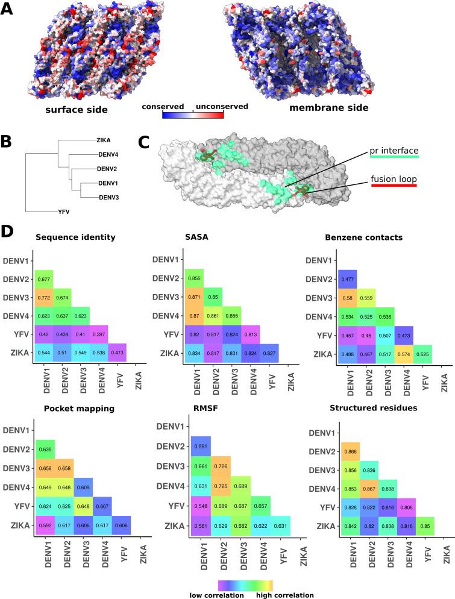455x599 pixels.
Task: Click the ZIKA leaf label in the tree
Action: pyautogui.click(x=104, y=140)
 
